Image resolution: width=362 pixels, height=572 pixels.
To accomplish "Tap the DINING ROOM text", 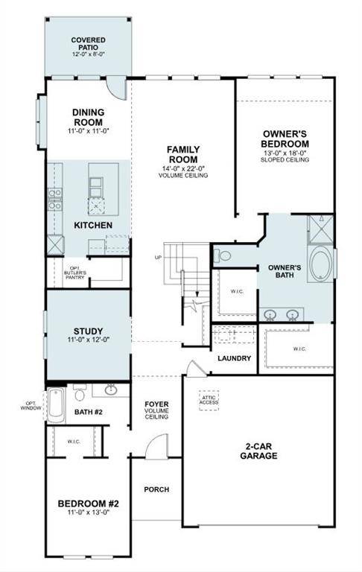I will pyautogui.click(x=88, y=117).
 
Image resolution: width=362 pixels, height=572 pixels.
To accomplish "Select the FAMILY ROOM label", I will pyautogui.click(x=182, y=154).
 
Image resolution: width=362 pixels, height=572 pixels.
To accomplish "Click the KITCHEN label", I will pyautogui.click(x=93, y=225).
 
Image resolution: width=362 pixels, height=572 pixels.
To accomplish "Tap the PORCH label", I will pyautogui.click(x=156, y=489).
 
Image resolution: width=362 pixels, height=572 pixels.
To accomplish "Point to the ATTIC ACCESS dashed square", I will pyautogui.click(x=209, y=400).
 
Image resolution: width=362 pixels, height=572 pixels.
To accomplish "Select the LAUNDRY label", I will pyautogui.click(x=234, y=358).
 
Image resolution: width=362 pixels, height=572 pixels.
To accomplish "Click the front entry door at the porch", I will pyautogui.click(x=155, y=449).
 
